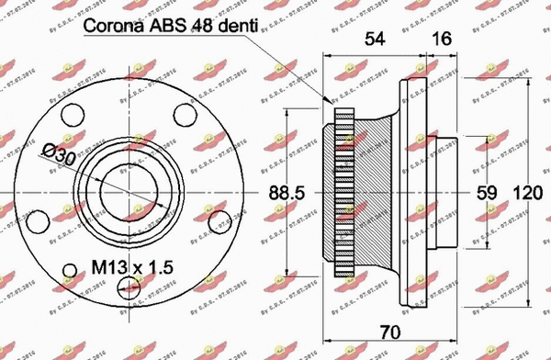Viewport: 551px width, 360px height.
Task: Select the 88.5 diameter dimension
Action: click(x=285, y=194)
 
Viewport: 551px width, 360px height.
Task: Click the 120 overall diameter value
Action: click(x=526, y=194)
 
